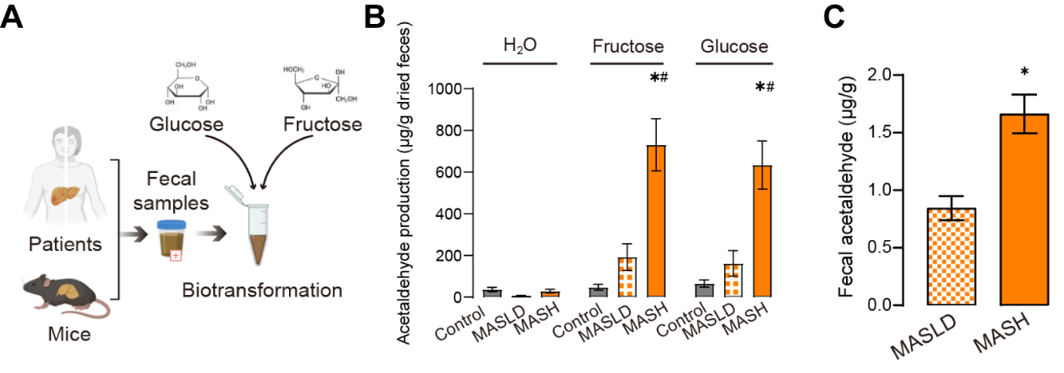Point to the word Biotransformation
[x=262, y=291]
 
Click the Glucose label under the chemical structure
[x=187, y=124]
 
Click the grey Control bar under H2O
[x=492, y=293]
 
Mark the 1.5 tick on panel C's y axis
[x=883, y=133]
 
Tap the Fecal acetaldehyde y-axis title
[x=848, y=188]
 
